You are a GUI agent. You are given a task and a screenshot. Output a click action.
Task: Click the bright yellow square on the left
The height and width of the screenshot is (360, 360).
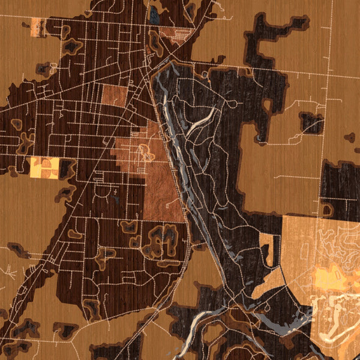click(x=44, y=167)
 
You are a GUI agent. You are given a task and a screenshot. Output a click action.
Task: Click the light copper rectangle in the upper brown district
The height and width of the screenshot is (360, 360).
click(x=114, y=95)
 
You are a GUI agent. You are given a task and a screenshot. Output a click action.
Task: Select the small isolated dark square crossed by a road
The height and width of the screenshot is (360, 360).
click(x=311, y=123)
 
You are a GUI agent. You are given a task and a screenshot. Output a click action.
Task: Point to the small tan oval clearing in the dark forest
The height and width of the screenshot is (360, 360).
click(x=231, y=104)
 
